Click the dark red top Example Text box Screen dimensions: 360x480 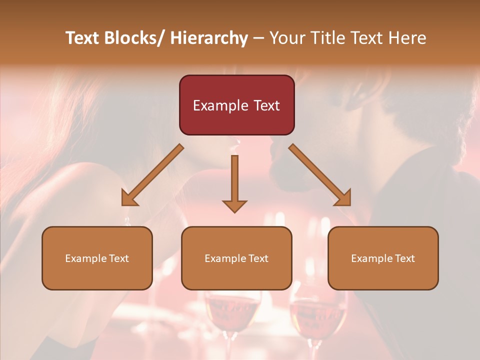tap(236, 105)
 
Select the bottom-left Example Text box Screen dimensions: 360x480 tap(97, 258)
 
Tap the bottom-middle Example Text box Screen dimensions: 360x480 tap(236, 258)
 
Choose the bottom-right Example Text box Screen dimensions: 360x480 tap(383, 258)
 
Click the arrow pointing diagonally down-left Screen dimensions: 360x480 tap(152, 174)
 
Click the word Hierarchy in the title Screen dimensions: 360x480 tap(208, 38)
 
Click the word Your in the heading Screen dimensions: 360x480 tap(287, 38)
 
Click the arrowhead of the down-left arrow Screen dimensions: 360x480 tap(129, 198)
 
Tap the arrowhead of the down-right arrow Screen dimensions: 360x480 tap(343, 198)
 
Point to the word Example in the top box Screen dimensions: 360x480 tap(220, 105)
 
